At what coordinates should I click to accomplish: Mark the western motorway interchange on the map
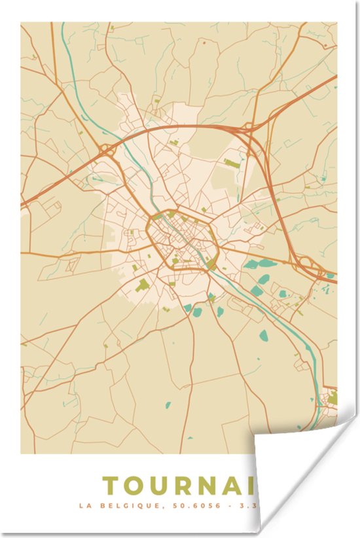click(107, 151)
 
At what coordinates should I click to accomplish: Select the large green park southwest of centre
click(142, 284)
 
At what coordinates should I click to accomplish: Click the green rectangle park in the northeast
click(231, 161)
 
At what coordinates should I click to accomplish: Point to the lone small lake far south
click(167, 405)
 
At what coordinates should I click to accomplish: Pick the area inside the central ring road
click(183, 239)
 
